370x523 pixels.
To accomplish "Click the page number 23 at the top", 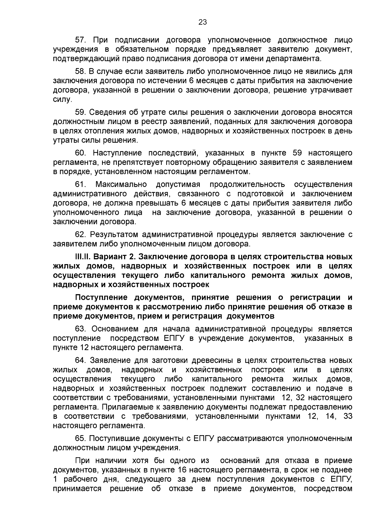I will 203,22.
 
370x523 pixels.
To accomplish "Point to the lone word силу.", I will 62,100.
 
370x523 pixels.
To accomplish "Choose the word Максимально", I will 121,184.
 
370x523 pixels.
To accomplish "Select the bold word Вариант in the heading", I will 111,257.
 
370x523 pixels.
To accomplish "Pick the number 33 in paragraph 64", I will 347,416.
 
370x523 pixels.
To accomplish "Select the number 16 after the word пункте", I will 182,470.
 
